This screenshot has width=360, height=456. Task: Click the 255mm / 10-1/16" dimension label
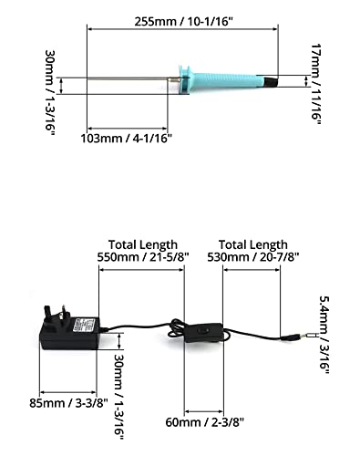click(184, 22)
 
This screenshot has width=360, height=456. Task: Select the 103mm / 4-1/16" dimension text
click(126, 139)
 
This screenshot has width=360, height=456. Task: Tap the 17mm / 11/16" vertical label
click(316, 84)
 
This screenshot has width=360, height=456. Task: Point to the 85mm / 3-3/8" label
click(68, 403)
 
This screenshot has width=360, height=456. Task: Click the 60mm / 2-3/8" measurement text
click(205, 422)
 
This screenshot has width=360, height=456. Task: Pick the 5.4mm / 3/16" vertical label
click(324, 335)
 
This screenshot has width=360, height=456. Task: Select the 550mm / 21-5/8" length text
click(143, 257)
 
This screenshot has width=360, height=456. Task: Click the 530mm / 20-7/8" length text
click(253, 257)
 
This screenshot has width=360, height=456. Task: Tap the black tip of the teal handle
click(271, 82)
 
